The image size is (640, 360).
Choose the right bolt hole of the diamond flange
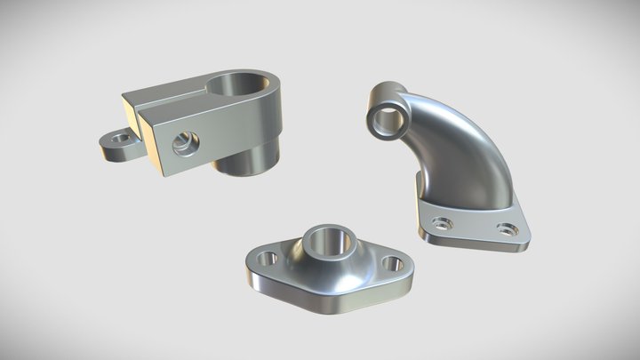(390, 263)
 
